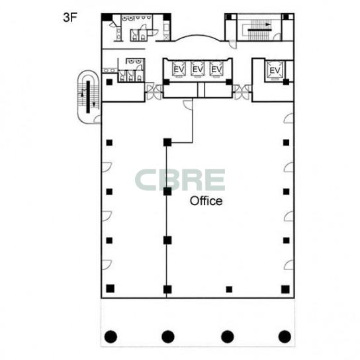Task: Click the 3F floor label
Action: [x=69, y=17]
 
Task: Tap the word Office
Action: [x=206, y=201]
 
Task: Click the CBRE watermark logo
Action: [x=180, y=180]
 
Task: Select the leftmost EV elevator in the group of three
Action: [x=179, y=69]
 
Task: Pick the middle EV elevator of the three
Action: [x=197, y=69]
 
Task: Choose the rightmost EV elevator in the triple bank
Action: [x=216, y=69]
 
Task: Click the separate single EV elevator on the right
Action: [x=275, y=70]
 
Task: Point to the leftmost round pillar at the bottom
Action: [x=111, y=337]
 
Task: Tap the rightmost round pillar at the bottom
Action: [x=285, y=337]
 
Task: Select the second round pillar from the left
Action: [x=168, y=337]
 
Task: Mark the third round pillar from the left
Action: [x=227, y=337]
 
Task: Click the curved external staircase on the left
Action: [x=89, y=97]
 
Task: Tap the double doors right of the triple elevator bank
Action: [x=242, y=92]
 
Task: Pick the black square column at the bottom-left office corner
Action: [x=111, y=289]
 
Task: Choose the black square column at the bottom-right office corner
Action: [x=285, y=289]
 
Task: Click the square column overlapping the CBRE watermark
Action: [x=167, y=191]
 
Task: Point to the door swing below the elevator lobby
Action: [x=188, y=105]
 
